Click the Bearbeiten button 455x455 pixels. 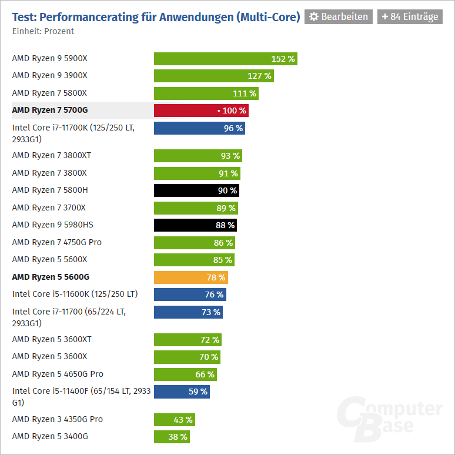(x=339, y=16)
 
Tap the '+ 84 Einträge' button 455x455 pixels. (x=410, y=16)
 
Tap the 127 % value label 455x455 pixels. (x=259, y=76)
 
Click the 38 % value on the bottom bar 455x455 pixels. (x=178, y=437)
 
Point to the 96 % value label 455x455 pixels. (x=233, y=128)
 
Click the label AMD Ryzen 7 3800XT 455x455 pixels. (x=51, y=156)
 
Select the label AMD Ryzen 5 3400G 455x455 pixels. (x=50, y=437)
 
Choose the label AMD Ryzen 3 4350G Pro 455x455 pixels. (x=57, y=419)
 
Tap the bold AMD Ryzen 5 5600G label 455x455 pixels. (x=51, y=277)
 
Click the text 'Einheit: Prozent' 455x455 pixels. (x=43, y=31)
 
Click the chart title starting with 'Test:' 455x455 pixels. (x=156, y=16)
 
